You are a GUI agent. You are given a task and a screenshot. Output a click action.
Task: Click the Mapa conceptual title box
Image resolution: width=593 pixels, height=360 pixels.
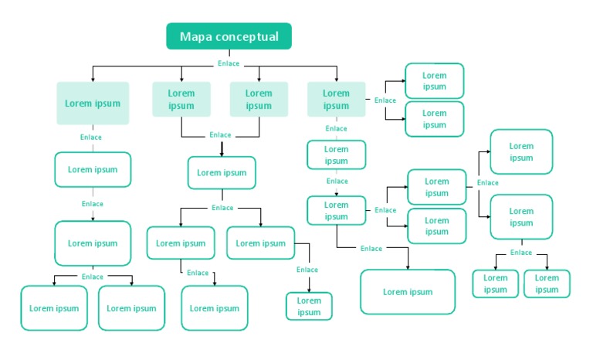(229, 36)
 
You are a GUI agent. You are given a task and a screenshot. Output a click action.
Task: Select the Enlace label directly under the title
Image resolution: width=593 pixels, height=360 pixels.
(229, 63)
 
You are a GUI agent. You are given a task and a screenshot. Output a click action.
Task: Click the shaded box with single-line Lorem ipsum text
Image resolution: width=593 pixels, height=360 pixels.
(93, 103)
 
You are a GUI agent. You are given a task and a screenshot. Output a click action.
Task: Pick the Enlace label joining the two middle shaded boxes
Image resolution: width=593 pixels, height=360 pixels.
(220, 135)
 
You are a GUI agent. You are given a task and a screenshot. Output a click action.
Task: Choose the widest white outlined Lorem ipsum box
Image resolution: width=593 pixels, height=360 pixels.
(408, 292)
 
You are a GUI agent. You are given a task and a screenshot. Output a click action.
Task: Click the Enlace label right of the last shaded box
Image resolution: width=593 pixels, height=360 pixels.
(385, 100)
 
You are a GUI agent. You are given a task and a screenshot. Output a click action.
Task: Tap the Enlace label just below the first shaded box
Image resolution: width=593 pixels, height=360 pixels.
(91, 138)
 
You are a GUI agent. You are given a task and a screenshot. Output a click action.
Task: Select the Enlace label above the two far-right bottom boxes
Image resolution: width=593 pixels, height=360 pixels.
(521, 253)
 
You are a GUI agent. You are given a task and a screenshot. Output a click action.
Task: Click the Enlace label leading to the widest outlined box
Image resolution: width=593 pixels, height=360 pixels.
(371, 249)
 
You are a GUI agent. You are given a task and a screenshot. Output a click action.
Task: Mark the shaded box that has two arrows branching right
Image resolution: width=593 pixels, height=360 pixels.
(336, 100)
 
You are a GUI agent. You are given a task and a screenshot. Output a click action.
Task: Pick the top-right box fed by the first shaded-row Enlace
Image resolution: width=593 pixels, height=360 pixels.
(434, 80)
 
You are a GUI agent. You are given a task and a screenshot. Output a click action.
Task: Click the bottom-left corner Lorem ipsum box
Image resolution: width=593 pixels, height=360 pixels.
(54, 308)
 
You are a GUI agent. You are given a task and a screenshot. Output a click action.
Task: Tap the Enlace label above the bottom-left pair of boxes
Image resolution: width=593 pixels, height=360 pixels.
(92, 277)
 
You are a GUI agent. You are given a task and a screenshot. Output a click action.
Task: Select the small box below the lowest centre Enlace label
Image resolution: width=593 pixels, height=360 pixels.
(309, 306)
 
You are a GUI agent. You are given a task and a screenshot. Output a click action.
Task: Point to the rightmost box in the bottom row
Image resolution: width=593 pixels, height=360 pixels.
(547, 284)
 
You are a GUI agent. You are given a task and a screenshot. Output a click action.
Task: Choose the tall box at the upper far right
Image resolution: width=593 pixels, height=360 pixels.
(521, 151)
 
